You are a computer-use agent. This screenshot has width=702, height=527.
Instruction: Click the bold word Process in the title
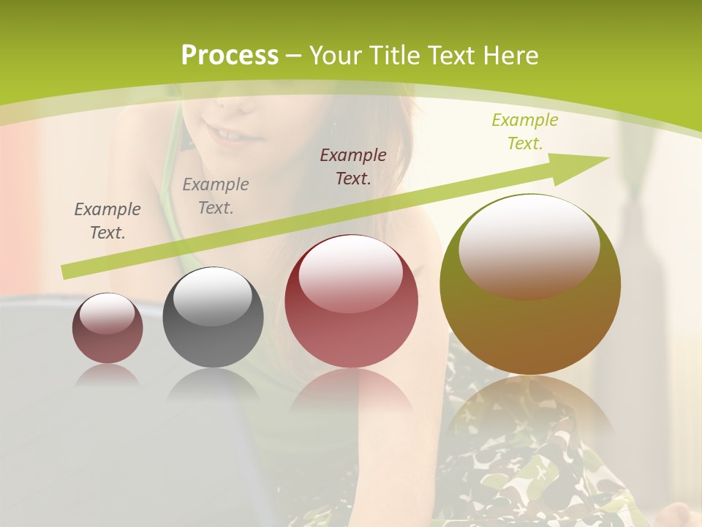click(x=230, y=56)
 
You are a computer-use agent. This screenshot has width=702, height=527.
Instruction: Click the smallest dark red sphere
click(x=107, y=328)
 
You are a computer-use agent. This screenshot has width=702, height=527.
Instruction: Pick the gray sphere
click(x=213, y=317)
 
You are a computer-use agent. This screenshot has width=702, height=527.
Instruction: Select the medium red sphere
click(x=351, y=301)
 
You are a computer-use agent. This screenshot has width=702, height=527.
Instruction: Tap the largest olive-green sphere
click(x=530, y=284)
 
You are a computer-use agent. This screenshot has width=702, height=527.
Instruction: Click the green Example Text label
click(x=524, y=131)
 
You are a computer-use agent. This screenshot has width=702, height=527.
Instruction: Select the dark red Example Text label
click(x=353, y=166)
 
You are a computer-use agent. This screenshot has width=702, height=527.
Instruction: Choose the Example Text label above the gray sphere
click(x=216, y=195)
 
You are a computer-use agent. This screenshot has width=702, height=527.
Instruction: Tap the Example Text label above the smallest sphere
click(x=107, y=220)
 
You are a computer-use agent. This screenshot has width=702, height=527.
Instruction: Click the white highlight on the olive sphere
click(x=529, y=245)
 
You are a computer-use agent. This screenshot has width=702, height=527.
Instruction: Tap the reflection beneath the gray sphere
click(x=213, y=384)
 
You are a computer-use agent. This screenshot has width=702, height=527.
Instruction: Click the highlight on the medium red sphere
click(x=351, y=272)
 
